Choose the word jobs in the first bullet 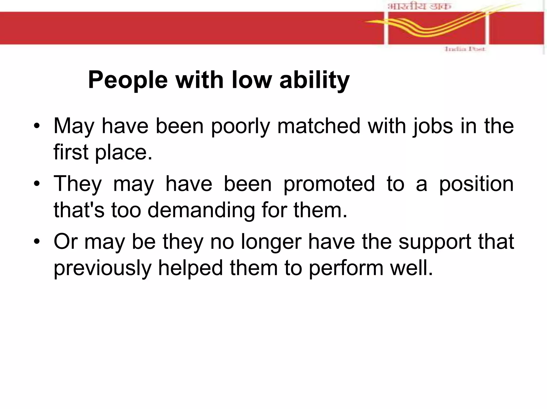point(433,126)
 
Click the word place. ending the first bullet point(124,152)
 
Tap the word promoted point(329,184)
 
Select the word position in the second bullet point(476,184)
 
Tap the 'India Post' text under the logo point(465,49)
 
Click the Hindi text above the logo point(419,6)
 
